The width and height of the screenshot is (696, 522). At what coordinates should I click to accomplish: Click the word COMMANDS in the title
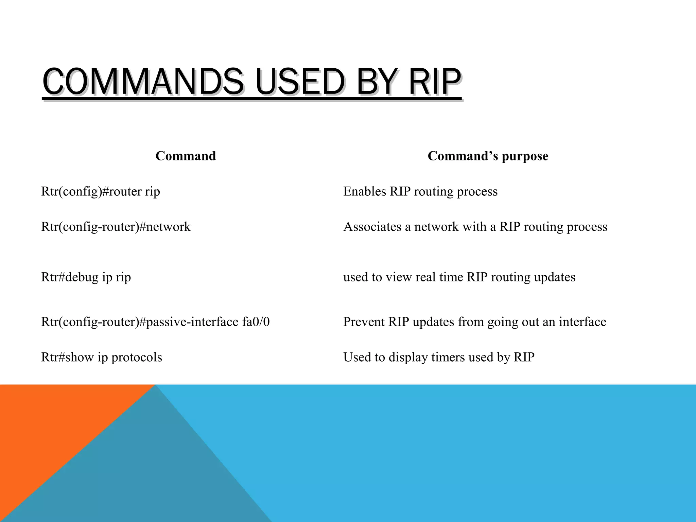click(x=143, y=82)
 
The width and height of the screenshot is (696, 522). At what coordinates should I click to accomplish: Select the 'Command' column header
click(x=186, y=156)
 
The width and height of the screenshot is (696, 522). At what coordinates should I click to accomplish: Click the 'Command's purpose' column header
click(x=488, y=156)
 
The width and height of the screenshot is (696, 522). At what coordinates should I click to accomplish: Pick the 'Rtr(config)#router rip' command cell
click(x=101, y=192)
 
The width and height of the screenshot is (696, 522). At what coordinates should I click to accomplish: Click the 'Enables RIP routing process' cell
click(x=420, y=192)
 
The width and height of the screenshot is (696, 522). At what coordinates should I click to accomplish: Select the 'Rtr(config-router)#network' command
click(x=116, y=227)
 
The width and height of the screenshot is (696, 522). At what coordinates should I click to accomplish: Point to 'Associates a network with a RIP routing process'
click(x=475, y=227)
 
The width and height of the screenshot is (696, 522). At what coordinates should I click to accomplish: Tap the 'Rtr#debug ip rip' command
click(x=86, y=277)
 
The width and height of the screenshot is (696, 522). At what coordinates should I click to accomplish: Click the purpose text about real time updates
click(x=459, y=277)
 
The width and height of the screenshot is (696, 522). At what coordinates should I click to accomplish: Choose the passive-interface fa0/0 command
click(x=155, y=322)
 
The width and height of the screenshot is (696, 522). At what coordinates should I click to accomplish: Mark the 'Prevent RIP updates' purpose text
click(x=474, y=322)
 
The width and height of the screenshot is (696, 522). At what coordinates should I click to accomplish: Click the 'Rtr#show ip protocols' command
click(x=102, y=358)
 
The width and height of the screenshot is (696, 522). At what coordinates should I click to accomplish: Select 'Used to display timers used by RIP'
click(x=439, y=358)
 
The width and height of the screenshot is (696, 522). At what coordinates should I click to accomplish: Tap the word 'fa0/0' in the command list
click(x=256, y=322)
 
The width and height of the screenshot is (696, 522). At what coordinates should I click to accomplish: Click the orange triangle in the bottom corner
click(x=51, y=425)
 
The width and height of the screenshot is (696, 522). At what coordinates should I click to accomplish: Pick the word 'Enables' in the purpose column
click(x=365, y=192)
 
